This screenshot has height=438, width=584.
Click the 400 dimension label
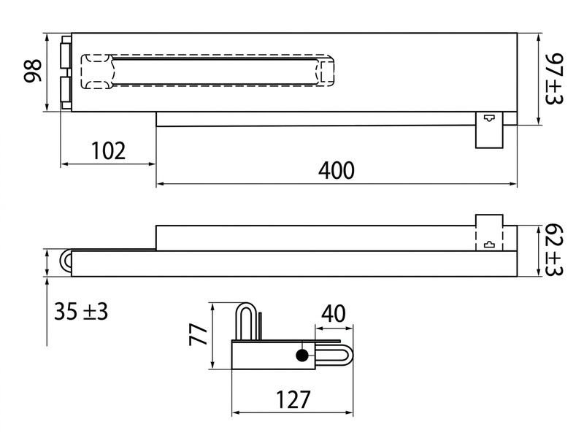pos(337,170)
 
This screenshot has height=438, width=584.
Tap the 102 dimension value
pos(108,151)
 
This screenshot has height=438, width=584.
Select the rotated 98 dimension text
pos(33,70)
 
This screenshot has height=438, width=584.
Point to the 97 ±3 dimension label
pos(554,79)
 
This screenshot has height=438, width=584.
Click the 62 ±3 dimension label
pos(554,250)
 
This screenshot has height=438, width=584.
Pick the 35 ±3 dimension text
pos(81,312)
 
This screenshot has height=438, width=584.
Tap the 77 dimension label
pos(198,335)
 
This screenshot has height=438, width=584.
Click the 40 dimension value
pos(334,314)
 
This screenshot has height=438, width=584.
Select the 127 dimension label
pos(293,399)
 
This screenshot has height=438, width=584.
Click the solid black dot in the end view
pos(301,356)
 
